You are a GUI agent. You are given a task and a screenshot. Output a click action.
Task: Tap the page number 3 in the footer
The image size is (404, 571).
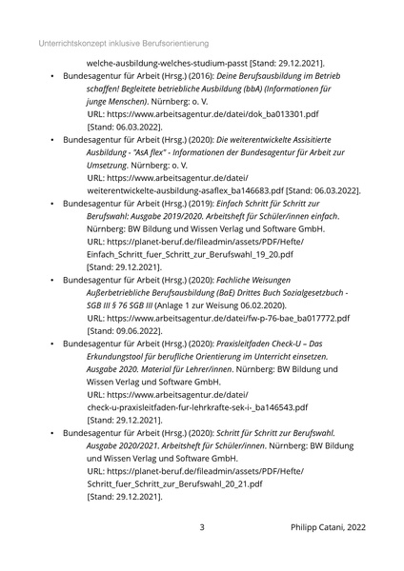pos(201,526)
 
